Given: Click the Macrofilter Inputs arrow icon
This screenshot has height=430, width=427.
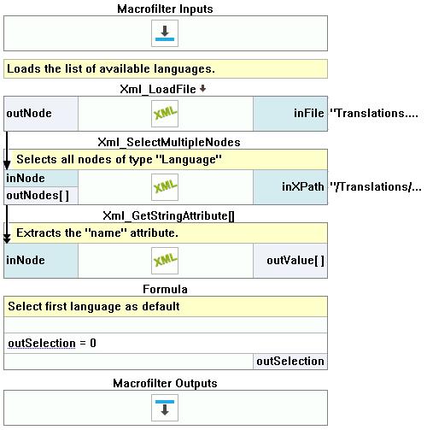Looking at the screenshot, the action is tap(165, 33).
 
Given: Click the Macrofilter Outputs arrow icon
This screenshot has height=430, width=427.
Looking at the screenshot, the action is tap(165, 408).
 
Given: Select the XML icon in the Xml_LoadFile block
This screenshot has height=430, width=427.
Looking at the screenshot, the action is tap(165, 114).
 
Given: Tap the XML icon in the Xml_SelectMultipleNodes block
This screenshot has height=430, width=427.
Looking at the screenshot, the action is tap(165, 187).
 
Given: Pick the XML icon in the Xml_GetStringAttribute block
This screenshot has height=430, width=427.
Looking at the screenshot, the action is tap(165, 261).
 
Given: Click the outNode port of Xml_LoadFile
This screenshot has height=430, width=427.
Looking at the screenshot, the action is tap(29, 114).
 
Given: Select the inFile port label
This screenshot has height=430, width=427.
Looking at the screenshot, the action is tap(309, 114).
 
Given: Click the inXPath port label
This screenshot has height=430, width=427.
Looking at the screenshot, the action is tap(303, 187).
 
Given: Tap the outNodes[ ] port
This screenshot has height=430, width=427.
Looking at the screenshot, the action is tap(38, 196).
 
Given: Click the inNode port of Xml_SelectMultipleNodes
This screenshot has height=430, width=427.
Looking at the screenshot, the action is tap(26, 179).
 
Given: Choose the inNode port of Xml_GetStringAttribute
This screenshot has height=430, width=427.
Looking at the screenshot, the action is tap(26, 260).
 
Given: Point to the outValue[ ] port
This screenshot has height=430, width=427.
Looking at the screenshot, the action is tap(295, 261).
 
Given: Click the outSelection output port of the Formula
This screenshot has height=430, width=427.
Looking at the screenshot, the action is tap(290, 362).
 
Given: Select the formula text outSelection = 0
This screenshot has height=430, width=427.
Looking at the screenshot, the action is tap(52, 343).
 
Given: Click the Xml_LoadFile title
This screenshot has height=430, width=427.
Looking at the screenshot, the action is tap(158, 89).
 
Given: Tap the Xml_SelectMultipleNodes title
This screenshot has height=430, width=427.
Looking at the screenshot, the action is tap(169, 142).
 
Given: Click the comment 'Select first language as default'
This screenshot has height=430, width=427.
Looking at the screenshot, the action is tap(94, 307).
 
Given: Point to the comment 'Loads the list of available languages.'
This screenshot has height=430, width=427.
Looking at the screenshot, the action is tap(111, 69).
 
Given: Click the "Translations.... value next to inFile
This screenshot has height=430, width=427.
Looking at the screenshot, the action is tap(374, 114).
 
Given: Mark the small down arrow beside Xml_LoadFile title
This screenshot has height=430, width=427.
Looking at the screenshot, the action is tap(202, 89).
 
